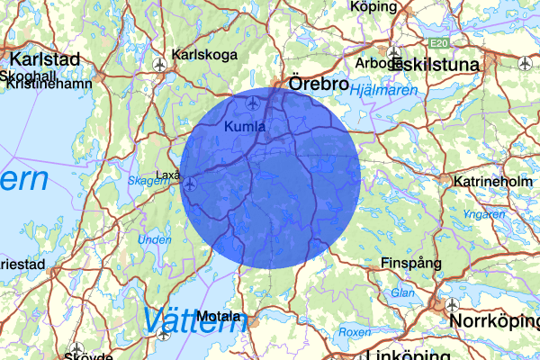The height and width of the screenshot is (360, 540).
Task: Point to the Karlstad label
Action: (42, 59)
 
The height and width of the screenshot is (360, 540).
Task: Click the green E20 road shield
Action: (438, 43)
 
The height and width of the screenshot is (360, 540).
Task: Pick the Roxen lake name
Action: (355, 332)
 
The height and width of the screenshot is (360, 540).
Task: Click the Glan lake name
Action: (402, 292)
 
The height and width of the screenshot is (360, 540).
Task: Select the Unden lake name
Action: (154, 240)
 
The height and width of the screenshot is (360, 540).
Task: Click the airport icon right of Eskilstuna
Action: (525, 64)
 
